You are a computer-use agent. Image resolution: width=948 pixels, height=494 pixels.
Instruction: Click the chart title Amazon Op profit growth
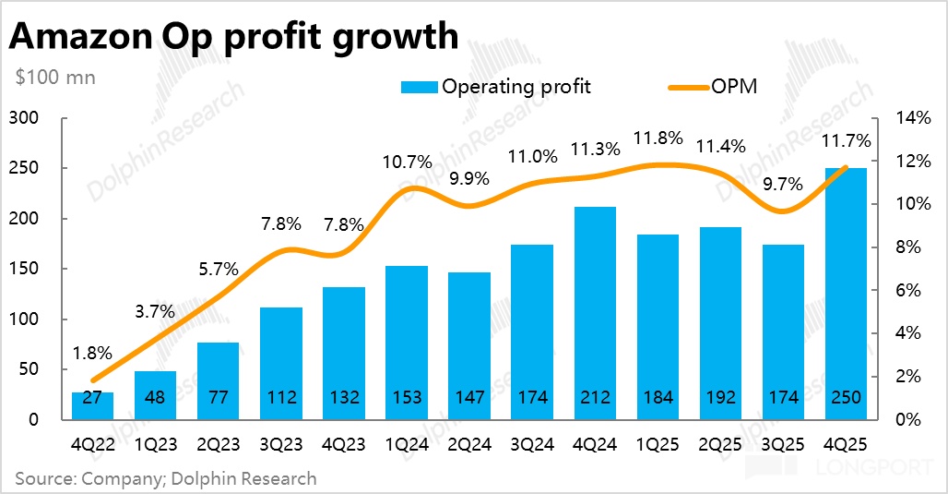[233, 36]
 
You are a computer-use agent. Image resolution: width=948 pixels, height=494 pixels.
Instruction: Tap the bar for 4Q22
[92, 406]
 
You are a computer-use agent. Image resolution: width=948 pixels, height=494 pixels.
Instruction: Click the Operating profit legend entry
[496, 87]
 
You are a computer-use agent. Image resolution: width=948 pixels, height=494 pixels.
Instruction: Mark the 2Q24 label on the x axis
[469, 445]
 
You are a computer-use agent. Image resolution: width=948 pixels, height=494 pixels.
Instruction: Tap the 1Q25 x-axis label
[658, 445]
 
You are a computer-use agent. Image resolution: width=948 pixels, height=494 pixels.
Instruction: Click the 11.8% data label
[658, 139]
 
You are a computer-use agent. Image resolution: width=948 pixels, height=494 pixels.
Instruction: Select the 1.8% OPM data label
[92, 353]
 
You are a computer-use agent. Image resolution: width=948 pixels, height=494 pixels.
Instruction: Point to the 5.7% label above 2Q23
[219, 271]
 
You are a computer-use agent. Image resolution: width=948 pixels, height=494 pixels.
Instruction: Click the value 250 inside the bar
[845, 398]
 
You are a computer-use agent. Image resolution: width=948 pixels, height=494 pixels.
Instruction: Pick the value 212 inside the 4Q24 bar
[595, 398]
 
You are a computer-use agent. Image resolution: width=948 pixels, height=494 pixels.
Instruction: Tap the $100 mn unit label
[55, 78]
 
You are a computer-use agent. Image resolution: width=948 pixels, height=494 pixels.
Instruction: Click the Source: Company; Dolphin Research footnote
[165, 478]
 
